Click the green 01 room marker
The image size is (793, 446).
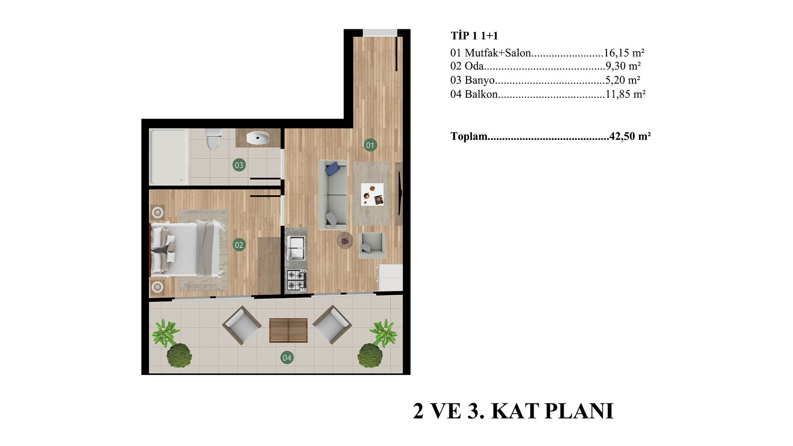pos(370,145)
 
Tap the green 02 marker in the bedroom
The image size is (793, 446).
pos(239,245)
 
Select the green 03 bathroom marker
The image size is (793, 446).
pos(239,165)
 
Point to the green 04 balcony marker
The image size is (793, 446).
pos(287,358)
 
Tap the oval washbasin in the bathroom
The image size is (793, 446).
pos(258,137)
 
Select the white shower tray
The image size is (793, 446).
pos(169,157)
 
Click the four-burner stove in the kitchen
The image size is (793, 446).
pos(297,280)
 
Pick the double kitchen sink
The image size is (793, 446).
pos(296,248)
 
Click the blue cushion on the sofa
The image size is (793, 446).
pos(333,168)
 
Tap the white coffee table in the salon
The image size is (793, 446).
pos(372,195)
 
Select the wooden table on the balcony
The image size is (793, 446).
pos(288,330)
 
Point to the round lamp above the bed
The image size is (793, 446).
pos(157,213)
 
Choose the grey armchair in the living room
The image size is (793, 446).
pos(372,245)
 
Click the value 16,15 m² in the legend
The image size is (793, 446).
pos(624,53)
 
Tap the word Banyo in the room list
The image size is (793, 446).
pos(480,80)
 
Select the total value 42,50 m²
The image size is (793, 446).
pos(630,136)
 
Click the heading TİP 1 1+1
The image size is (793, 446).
pos(474,36)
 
